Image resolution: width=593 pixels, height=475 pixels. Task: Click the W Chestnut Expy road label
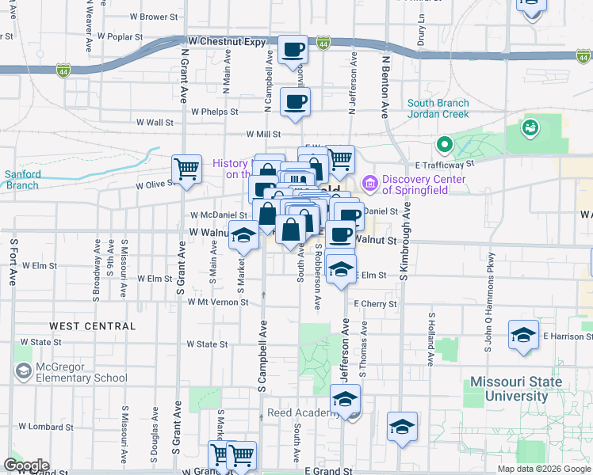pos(227,41)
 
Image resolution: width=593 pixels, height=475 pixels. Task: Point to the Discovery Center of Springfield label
pos(424,184)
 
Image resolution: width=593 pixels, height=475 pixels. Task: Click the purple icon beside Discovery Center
pos(370,184)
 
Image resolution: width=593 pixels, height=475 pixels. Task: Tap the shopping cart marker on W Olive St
pos(186,169)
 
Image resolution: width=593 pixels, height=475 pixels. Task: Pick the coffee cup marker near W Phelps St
pos(295,102)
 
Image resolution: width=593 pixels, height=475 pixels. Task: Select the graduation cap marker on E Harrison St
pos(523,335)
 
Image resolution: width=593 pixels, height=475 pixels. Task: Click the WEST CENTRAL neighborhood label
pos(92,326)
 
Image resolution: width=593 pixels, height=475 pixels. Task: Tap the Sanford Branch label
pos(21,180)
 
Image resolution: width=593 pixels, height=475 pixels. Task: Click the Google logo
pos(25,465)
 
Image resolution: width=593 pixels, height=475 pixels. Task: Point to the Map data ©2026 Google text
pos(544,469)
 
